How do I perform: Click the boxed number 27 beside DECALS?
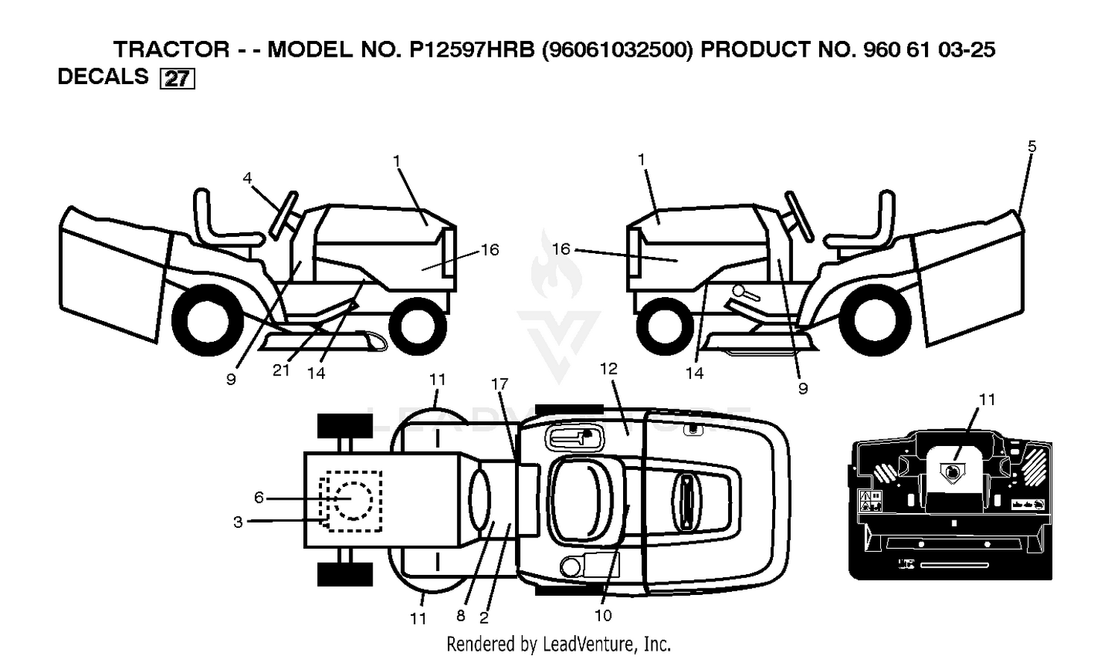click(x=177, y=79)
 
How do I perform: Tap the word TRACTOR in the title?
click(x=171, y=49)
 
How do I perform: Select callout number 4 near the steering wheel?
click(x=247, y=178)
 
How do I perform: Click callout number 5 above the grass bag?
click(x=1032, y=147)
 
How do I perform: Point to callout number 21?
click(x=281, y=370)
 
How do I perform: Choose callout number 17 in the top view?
click(x=499, y=383)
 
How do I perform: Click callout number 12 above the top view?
click(x=609, y=369)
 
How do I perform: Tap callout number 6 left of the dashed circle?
click(x=259, y=497)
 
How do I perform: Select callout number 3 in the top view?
click(x=238, y=522)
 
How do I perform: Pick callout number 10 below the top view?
click(x=603, y=616)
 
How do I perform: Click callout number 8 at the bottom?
click(x=461, y=616)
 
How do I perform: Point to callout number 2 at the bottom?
click(x=484, y=618)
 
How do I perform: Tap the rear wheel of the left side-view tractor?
click(x=208, y=320)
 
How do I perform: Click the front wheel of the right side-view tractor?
click(x=666, y=325)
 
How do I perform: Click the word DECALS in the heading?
click(x=104, y=76)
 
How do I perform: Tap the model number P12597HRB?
click(x=472, y=49)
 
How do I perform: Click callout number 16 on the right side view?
click(x=561, y=249)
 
